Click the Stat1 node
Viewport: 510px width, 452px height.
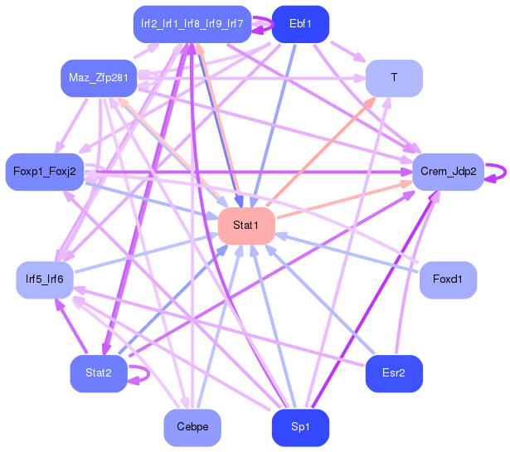click(245, 226)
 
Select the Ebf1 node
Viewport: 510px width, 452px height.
click(300, 24)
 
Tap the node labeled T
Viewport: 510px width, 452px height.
click(394, 77)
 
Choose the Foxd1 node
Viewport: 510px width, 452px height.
click(448, 279)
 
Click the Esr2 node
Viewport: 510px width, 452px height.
click(394, 373)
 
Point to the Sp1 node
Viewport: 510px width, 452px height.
click(300, 427)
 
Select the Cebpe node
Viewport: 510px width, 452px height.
click(192, 427)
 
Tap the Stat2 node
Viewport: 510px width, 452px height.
click(98, 373)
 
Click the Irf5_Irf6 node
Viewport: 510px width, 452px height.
click(45, 279)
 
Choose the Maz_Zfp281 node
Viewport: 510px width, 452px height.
click(98, 77)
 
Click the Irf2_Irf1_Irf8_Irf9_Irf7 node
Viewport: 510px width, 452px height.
click(192, 24)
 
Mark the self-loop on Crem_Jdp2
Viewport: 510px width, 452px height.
click(497, 172)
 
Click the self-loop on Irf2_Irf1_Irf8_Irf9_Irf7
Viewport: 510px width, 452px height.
click(264, 24)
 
